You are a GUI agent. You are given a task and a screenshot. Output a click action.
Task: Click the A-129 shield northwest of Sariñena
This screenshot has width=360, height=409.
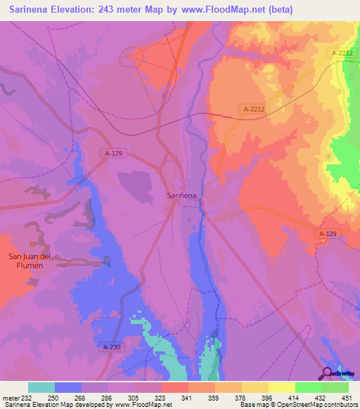pyautogui.click(x=115, y=153)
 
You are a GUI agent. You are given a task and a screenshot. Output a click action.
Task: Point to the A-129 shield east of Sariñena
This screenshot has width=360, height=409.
pyautogui.click(x=328, y=233)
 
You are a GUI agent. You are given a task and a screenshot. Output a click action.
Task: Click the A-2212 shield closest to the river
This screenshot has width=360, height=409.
pyautogui.click(x=254, y=109)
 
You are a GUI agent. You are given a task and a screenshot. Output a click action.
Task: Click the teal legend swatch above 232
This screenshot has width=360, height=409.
pyautogui.click(x=41, y=387)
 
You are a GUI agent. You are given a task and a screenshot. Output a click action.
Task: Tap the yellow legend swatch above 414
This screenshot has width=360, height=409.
pyautogui.click(x=282, y=387)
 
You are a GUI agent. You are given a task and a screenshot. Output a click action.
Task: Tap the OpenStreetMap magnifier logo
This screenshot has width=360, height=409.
pyautogui.click(x=327, y=373)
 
